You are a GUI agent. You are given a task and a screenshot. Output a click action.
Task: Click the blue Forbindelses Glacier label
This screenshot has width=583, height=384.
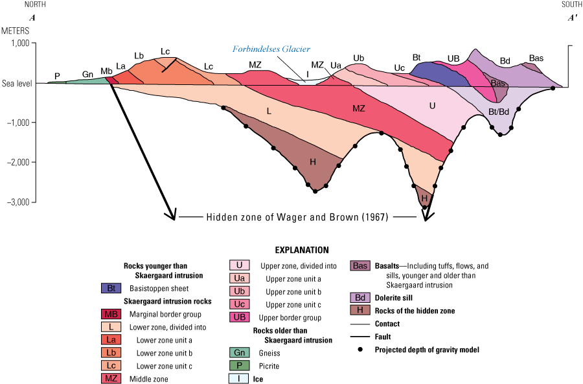pos(272,49)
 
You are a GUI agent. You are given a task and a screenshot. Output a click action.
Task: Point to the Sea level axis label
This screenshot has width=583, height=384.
pos(16,84)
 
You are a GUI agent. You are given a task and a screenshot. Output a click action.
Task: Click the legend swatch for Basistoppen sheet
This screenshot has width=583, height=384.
pos(109,287)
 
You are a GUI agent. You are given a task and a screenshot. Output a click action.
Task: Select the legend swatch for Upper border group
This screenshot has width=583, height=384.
pos(239,317)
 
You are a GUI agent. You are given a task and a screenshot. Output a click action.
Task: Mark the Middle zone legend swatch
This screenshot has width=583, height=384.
pos(109,379)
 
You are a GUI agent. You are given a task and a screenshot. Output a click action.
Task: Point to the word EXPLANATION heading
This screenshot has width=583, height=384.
pos(302,250)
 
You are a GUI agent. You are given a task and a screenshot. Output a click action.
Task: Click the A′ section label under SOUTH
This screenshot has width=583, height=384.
pos(573,18)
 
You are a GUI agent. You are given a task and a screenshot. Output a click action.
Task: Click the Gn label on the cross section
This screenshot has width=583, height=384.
pos(87,74)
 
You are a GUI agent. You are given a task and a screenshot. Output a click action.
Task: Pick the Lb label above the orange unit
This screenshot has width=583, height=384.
pos(139,56)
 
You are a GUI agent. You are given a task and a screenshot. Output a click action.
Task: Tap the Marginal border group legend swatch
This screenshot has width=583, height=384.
pos(109,314)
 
